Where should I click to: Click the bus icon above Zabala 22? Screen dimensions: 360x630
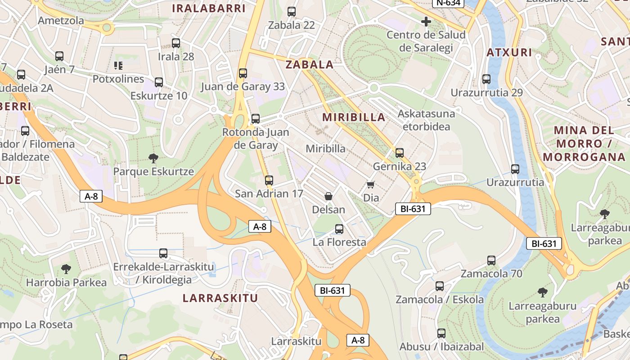tap(292, 12)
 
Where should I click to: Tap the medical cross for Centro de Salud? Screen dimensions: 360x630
tap(426, 21)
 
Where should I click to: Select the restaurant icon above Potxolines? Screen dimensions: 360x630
tap(118, 66)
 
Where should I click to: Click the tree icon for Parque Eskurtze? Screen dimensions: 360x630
tap(153, 158)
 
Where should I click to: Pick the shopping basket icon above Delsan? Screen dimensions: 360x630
tap(328, 196)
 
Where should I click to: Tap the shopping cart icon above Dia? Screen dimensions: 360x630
tap(371, 184)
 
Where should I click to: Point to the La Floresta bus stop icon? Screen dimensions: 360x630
tap(339, 229)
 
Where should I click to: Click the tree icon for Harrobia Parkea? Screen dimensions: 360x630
tap(66, 269)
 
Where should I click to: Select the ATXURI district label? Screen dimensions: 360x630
tap(509, 53)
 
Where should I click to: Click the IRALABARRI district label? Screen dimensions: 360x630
tap(209, 9)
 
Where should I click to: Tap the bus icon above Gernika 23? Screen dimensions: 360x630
tap(400, 153)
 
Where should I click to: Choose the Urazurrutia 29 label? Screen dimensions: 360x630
tap(487, 93)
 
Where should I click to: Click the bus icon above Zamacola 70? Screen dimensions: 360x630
tap(491, 261)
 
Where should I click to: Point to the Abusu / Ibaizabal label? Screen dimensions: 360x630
tap(441, 346)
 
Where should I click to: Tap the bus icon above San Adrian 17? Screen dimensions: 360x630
tap(269, 180)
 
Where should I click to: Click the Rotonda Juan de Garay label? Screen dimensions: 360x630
tap(256, 139)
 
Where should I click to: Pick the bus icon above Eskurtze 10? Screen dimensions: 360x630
tap(159, 82)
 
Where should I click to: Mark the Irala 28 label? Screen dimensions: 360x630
tap(176, 57)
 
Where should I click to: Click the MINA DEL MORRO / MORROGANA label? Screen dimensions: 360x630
tap(584, 144)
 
